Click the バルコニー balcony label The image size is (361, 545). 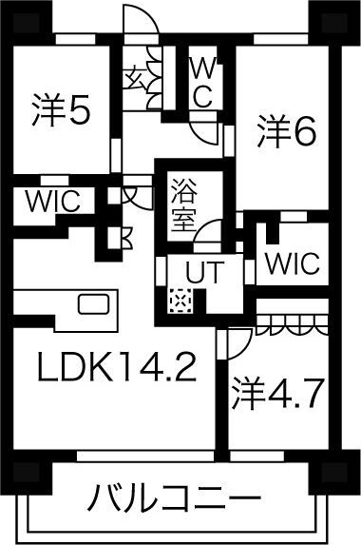pos(176,497)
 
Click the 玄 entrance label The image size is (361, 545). pos(134,73)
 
